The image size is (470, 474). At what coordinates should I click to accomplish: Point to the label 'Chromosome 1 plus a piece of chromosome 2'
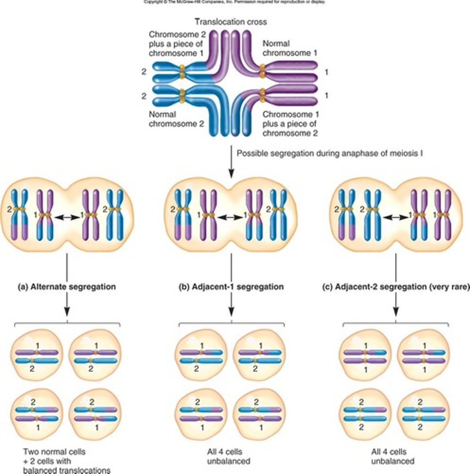[x=291, y=124]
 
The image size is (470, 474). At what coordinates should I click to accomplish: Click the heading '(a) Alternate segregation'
[x=67, y=287]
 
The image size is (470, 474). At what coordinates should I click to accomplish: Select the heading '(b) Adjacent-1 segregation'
[x=231, y=287]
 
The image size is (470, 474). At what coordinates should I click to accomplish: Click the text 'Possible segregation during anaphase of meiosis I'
[x=330, y=153]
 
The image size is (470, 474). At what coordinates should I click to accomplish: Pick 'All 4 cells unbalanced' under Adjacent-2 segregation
[x=393, y=456]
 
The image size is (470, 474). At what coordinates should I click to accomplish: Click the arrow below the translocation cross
[x=231, y=162]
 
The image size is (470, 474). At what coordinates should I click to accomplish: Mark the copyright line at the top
[x=235, y=2]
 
